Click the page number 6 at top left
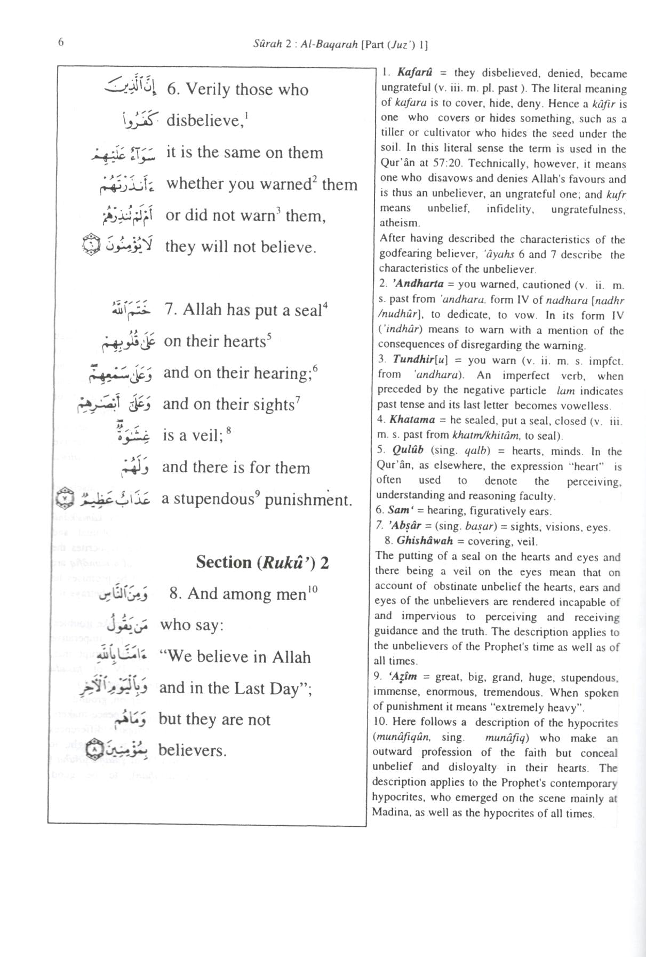click(61, 43)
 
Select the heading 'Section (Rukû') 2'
click(262, 562)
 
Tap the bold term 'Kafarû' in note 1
click(414, 73)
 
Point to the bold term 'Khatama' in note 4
click(412, 420)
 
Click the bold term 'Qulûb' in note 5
click(408, 450)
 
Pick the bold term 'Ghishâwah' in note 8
click(425, 540)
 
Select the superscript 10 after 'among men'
click(313, 589)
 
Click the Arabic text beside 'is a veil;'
click(133, 433)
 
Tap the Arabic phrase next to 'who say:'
click(127, 623)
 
